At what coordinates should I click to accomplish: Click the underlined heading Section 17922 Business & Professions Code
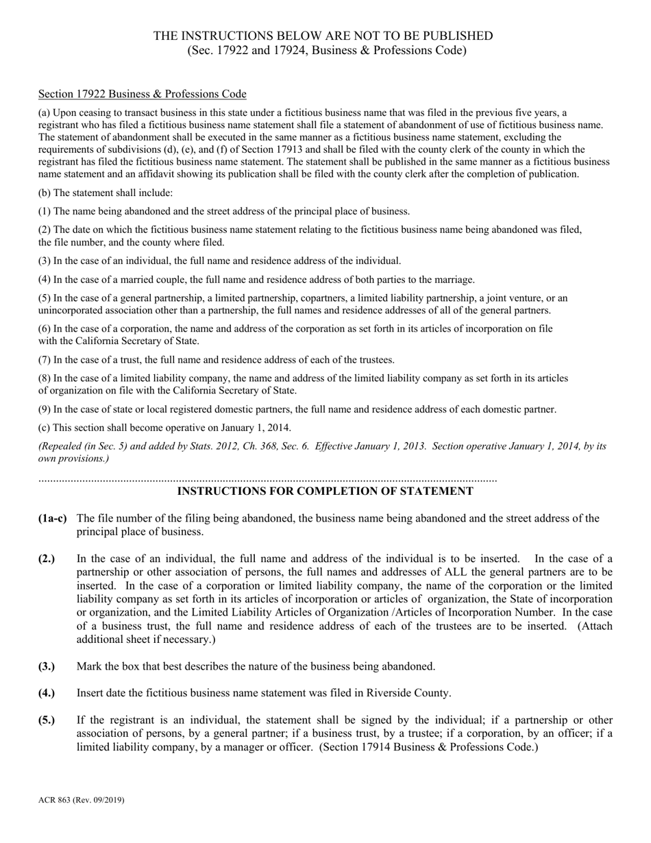tap(142, 94)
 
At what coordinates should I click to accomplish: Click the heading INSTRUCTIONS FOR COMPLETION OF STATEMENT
tap(325, 491)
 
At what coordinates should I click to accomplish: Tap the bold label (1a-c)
tap(53, 518)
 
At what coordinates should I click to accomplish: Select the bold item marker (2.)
tap(47, 559)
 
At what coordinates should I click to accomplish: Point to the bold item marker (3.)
tap(47, 666)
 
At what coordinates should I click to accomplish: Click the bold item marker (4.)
tap(47, 693)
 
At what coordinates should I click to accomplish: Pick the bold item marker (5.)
tap(47, 720)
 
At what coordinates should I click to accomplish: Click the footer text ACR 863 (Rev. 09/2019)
tap(82, 800)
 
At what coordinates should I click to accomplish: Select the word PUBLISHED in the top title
tap(460, 36)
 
